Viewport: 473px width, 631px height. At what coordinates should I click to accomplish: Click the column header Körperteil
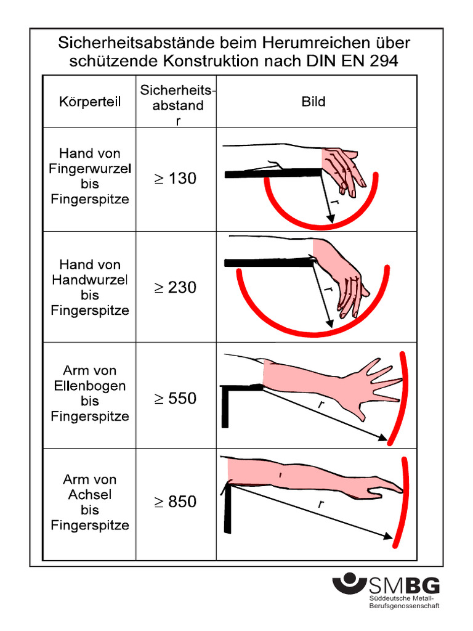pyautogui.click(x=90, y=102)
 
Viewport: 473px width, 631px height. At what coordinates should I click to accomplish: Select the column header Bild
pyautogui.click(x=313, y=102)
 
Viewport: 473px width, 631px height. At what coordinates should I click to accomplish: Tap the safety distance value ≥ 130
pyautogui.click(x=176, y=178)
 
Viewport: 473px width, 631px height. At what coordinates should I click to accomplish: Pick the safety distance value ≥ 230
pyautogui.click(x=176, y=287)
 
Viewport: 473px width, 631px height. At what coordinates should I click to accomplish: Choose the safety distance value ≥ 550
pyautogui.click(x=176, y=399)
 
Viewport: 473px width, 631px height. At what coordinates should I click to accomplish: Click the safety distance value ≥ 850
pyautogui.click(x=176, y=502)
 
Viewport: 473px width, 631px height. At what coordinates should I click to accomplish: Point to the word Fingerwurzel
pyautogui.click(x=90, y=169)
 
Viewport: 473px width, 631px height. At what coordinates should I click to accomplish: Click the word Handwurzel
pyautogui.click(x=90, y=280)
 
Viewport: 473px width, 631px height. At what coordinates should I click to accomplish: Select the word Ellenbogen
pyautogui.click(x=90, y=386)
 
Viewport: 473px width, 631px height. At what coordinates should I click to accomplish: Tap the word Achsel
pyautogui.click(x=90, y=495)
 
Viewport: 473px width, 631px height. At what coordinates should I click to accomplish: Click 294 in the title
pyautogui.click(x=385, y=61)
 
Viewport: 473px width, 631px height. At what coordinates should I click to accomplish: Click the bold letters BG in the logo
pyautogui.click(x=422, y=585)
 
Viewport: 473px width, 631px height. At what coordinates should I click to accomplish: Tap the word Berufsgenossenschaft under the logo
pyautogui.click(x=404, y=606)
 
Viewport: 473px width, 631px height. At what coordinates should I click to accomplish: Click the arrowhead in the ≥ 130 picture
pyautogui.click(x=331, y=219)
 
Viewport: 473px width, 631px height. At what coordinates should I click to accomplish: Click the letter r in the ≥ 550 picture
pyautogui.click(x=320, y=404)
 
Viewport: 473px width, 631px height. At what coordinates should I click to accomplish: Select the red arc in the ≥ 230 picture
pyautogui.click(x=313, y=332)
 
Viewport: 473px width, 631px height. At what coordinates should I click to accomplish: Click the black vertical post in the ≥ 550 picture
pyautogui.click(x=225, y=407)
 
